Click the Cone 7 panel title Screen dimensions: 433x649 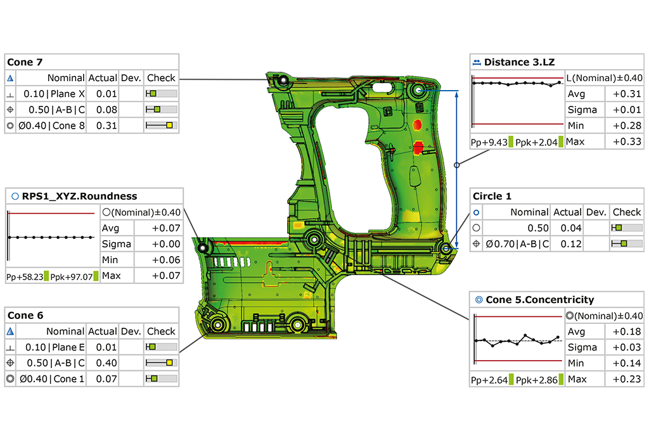[x=25, y=62]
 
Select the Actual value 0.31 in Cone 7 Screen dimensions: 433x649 [x=103, y=126]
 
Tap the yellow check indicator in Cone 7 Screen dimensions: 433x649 [x=169, y=126]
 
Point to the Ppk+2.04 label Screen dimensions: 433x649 [x=536, y=142]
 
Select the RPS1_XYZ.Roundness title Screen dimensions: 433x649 [x=79, y=196]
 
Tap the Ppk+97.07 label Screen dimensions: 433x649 [x=70, y=276]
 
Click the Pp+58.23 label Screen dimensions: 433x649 [x=23, y=276]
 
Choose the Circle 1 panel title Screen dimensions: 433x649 [x=492, y=197]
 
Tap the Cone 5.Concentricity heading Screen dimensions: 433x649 [x=539, y=299]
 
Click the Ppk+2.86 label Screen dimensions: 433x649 [x=536, y=379]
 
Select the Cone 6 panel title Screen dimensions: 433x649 [x=25, y=315]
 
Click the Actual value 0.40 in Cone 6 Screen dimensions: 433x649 [x=103, y=363]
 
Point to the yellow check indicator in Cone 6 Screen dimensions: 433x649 [x=169, y=363]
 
